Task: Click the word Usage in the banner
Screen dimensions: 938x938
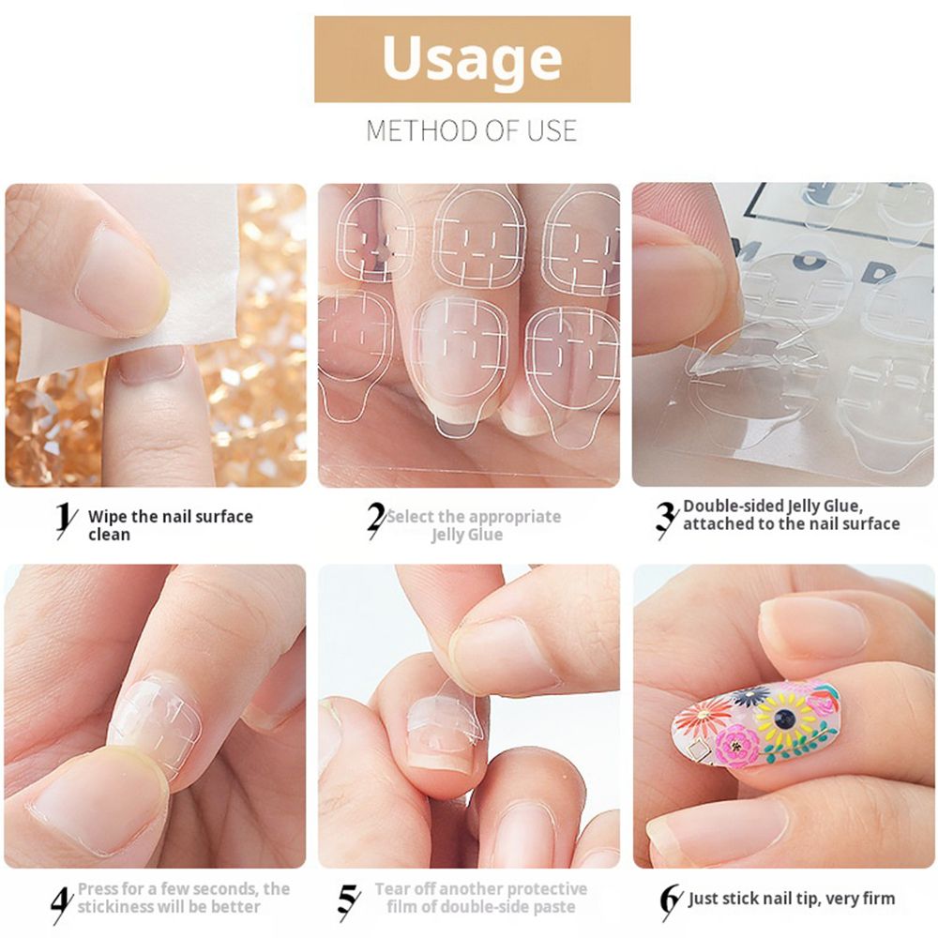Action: (472, 58)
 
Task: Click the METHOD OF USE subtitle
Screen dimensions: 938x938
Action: (472, 129)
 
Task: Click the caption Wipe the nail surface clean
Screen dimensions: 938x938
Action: (170, 525)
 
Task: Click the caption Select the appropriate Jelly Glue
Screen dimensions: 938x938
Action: (474, 525)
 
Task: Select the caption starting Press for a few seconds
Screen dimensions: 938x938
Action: (183, 898)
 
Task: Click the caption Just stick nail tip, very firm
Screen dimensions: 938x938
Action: (792, 899)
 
